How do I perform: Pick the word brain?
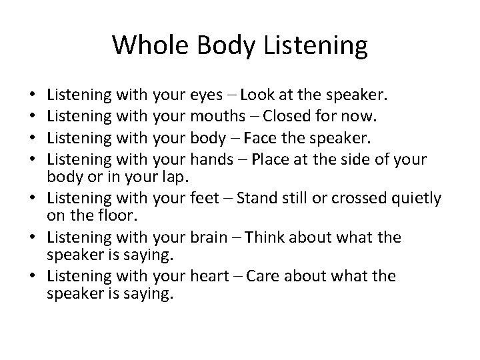[210, 238]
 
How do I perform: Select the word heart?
[210, 275]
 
